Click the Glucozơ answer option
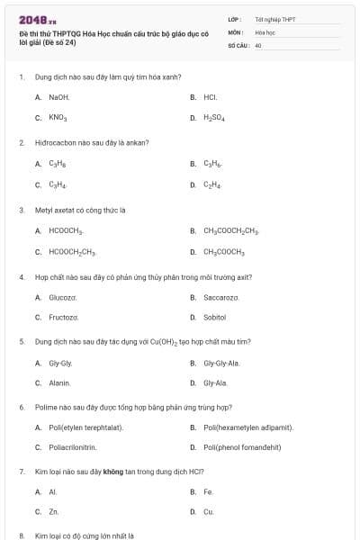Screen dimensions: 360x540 tap(63, 297)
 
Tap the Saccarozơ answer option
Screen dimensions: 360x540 tap(220, 297)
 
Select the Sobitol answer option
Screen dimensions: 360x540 tap(215, 317)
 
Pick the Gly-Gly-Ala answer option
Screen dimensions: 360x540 tap(221, 363)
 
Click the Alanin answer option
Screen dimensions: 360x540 tap(59, 382)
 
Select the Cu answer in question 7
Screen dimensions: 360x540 tap(209, 511)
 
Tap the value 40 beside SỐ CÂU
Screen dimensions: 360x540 tap(258, 43)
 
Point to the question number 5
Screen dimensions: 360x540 tap(21, 342)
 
